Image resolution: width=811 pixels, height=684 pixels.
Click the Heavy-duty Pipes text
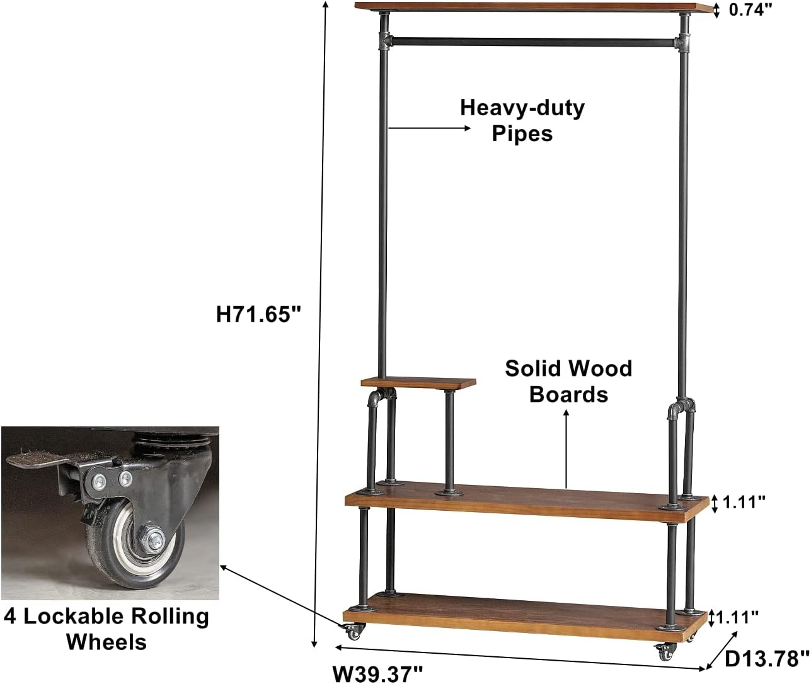pos(522,120)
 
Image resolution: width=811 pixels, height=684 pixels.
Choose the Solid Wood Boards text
pos(568,381)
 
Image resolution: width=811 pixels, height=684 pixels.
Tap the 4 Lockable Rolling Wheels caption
pos(106,629)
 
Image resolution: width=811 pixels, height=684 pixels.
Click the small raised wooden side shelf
pos(418,382)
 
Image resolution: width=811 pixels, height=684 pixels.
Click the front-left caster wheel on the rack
pos(354,631)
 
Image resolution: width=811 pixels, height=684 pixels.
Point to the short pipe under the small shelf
pos(449,442)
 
